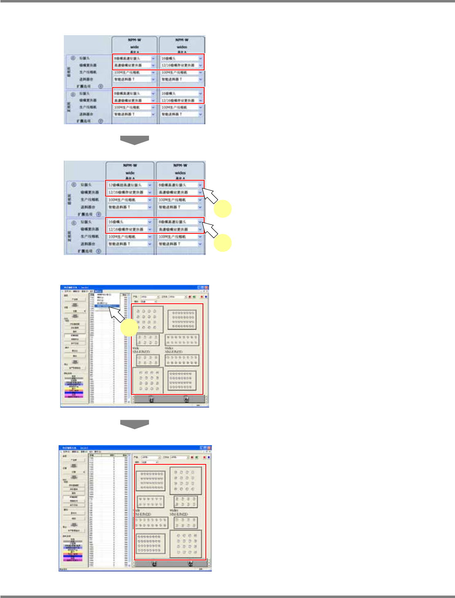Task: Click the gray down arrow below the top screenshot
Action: click(134, 140)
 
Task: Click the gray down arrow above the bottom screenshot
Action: click(134, 424)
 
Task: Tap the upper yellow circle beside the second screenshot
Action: click(223, 209)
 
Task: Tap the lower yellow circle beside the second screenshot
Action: click(223, 243)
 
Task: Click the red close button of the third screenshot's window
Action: click(206, 287)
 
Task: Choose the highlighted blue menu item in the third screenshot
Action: click(107, 305)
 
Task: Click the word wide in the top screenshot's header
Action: click(134, 47)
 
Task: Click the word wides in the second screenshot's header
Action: click(180, 173)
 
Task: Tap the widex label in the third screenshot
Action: click(169, 348)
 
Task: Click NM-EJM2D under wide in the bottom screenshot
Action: click(143, 514)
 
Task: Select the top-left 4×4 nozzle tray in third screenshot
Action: click(148, 319)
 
